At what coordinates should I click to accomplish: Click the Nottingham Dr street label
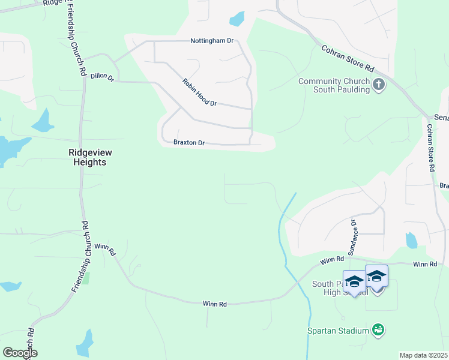[211, 41]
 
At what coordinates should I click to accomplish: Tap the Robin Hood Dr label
[199, 92]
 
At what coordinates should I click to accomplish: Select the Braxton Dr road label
[189, 143]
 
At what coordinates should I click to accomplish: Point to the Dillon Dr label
[101, 77]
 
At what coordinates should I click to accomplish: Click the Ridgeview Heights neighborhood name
[90, 157]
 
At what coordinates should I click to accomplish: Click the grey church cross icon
[379, 85]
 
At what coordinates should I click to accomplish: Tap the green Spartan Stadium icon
[378, 329]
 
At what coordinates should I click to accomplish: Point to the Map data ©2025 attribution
[423, 355]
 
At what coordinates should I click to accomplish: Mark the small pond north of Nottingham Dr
[237, 19]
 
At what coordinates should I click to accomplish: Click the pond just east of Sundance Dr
[411, 241]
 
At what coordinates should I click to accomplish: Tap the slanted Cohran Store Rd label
[348, 58]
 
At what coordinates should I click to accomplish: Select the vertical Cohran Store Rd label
[430, 148]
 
